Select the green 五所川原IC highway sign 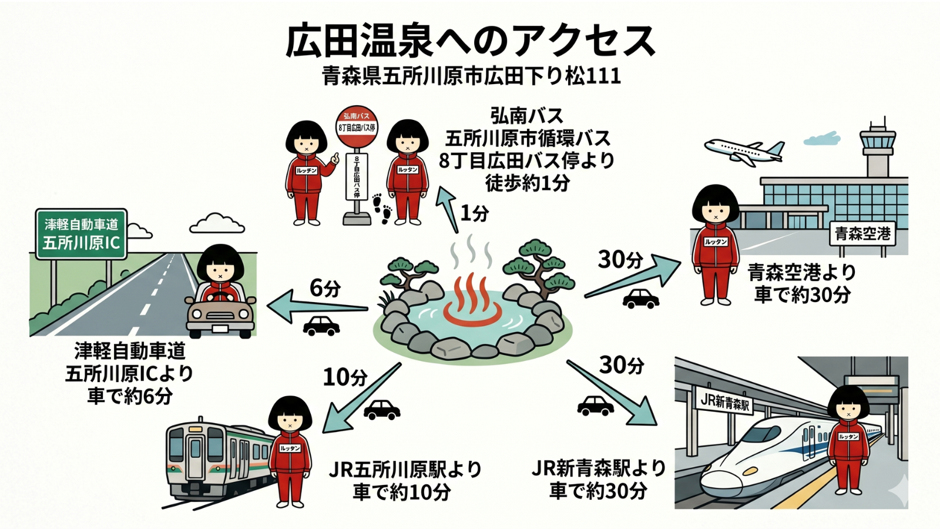tap(81, 234)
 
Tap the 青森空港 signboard tap(862, 234)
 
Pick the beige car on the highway tap(221, 314)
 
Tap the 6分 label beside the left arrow tap(325, 288)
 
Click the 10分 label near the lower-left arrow tap(345, 377)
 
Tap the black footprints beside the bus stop tap(382, 209)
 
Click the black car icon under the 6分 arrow tap(321, 326)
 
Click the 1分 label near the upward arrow tap(475, 213)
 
